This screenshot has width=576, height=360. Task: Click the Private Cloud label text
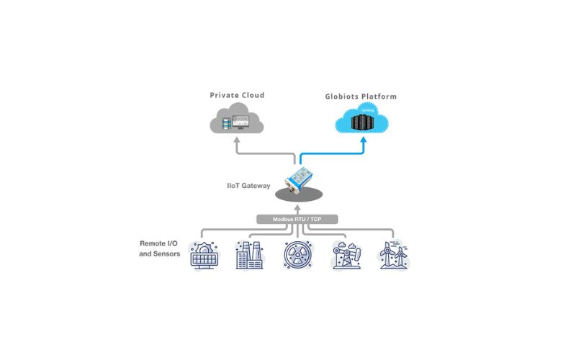pos(237,95)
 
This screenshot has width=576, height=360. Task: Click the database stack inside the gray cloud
pos(228,124)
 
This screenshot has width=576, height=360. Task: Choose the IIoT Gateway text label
pos(246,186)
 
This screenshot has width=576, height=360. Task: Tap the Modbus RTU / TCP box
pos(297,219)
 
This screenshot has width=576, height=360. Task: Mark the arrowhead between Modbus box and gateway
pos(297,209)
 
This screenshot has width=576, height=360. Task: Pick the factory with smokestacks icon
pos(250,256)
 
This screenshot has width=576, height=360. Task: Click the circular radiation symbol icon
pos(297,256)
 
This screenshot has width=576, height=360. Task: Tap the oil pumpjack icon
pos(345,256)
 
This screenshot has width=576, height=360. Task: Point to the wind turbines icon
pos(393,256)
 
